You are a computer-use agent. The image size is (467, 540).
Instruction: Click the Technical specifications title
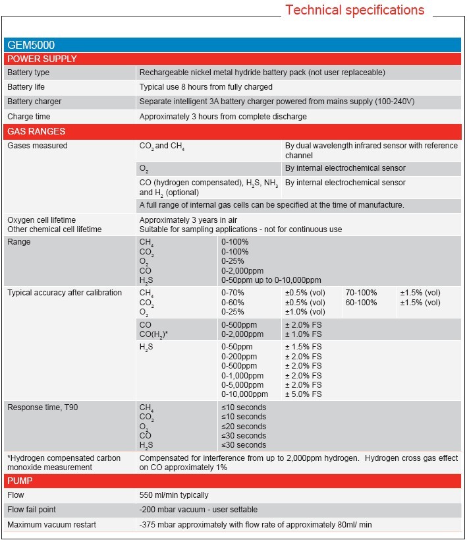coord(354,11)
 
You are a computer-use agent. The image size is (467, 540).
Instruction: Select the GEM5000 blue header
coord(31,45)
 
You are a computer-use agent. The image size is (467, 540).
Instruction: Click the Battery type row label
coord(28,73)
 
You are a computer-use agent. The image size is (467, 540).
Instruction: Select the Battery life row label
coord(26,87)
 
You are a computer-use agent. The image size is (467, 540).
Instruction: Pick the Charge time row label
coord(25,117)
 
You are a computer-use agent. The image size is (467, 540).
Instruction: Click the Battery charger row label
coord(34,102)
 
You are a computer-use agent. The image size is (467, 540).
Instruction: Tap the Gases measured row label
coord(38,146)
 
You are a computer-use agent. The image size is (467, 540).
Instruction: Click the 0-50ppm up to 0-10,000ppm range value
coord(271,280)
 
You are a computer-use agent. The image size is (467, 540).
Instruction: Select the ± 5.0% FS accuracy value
coord(303,394)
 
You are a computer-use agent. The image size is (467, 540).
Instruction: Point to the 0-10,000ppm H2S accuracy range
coord(244,394)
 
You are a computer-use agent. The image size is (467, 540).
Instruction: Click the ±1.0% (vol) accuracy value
coord(305,312)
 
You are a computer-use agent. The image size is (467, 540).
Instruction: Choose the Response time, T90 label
coord(43,407)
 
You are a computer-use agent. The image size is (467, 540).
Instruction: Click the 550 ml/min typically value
coord(174,495)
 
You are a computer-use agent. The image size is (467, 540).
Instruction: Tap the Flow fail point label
coord(32,510)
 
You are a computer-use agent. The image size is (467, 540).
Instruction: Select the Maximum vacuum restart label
coord(52,525)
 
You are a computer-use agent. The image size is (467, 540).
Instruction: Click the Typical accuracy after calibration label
coord(65,293)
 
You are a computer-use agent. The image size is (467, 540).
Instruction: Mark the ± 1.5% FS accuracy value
coord(303,347)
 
